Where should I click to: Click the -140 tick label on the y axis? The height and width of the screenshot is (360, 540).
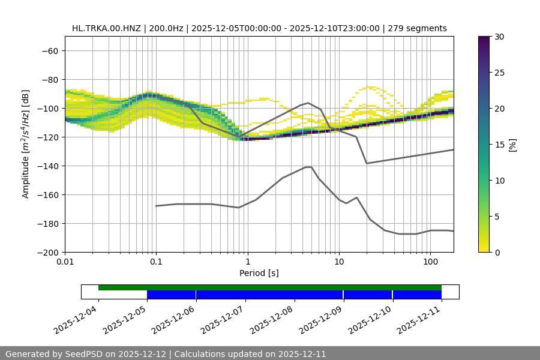(48, 166)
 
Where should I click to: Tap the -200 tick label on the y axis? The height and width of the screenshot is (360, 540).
(48, 252)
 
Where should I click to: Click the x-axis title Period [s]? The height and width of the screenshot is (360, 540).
(259, 273)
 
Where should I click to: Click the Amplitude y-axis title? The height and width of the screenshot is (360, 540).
(26, 144)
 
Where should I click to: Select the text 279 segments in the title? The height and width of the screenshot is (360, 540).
(418, 28)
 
